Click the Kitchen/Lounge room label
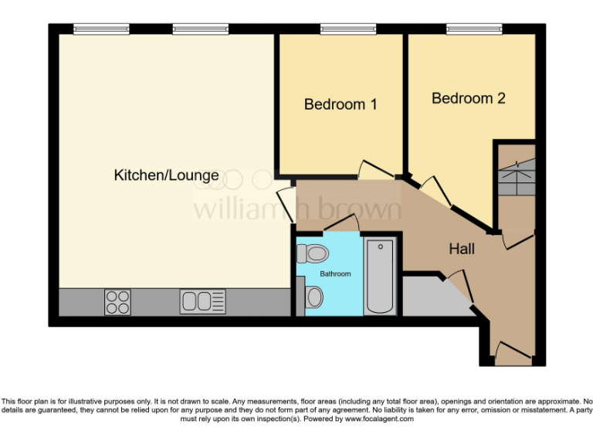[166, 175]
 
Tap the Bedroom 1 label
[341, 104]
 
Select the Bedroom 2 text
[468, 99]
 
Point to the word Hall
[462, 249]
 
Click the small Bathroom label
[336, 274]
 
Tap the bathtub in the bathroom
[379, 276]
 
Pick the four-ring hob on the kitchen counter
[117, 301]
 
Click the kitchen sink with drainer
[203, 301]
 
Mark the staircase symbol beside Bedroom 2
[515, 178]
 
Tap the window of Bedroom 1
[342, 29]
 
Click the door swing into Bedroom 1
[375, 170]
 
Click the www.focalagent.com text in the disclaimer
[379, 419]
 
